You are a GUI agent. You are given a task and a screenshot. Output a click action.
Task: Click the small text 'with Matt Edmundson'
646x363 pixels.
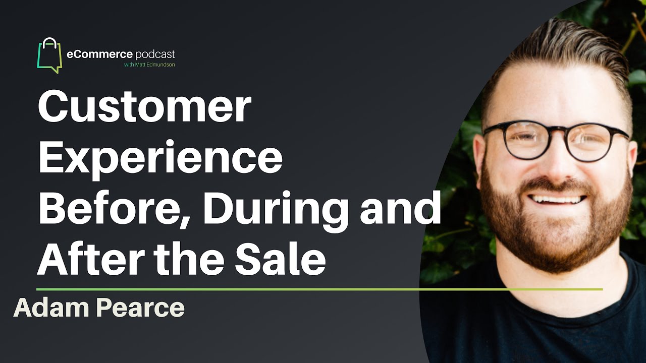point(149,65)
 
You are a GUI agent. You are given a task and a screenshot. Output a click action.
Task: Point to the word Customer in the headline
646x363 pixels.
point(144,107)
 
